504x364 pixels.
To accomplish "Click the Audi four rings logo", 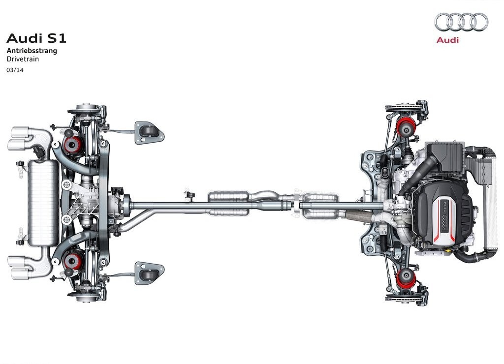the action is [x=461, y=23].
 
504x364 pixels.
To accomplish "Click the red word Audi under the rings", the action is [x=447, y=40].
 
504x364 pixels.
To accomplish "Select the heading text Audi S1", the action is [x=36, y=38].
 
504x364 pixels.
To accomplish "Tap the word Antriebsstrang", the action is [x=32, y=51].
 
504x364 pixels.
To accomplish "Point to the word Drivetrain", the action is [x=23, y=59].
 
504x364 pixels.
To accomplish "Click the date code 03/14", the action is [x=15, y=70].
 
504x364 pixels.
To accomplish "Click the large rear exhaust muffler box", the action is [x=43, y=203].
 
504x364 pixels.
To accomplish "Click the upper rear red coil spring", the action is [x=74, y=145].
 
